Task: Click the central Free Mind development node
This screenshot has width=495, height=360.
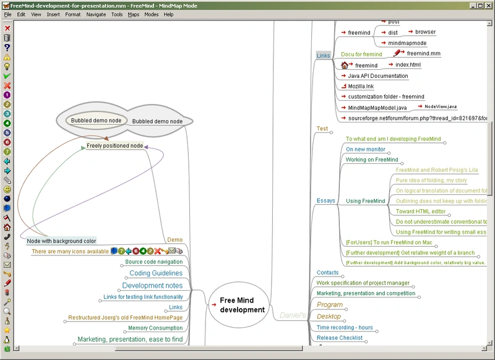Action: coord(242,305)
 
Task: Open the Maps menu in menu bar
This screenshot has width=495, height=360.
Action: coord(134,14)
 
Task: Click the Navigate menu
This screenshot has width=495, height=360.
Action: coord(96,14)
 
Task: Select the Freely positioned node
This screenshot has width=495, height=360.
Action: coord(114,146)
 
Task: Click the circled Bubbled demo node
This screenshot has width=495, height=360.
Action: coord(95,121)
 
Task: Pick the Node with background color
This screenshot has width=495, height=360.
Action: coord(61,241)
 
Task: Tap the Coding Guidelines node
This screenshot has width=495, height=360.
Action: coord(156,273)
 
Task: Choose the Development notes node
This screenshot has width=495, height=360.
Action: coord(152,286)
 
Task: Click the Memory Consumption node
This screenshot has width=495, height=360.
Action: coord(155,328)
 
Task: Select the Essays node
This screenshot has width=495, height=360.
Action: coord(325,200)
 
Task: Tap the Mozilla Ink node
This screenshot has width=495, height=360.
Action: coord(361,87)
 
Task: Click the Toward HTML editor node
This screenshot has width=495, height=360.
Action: coord(421,212)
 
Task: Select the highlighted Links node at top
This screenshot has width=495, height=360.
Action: coord(323,56)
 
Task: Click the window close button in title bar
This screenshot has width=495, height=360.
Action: coord(489,5)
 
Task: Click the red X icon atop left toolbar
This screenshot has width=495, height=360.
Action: coord(7,28)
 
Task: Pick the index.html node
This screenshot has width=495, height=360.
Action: coord(408,64)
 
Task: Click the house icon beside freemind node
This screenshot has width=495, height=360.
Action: coord(345,65)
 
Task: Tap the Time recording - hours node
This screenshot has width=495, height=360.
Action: coord(345,328)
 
